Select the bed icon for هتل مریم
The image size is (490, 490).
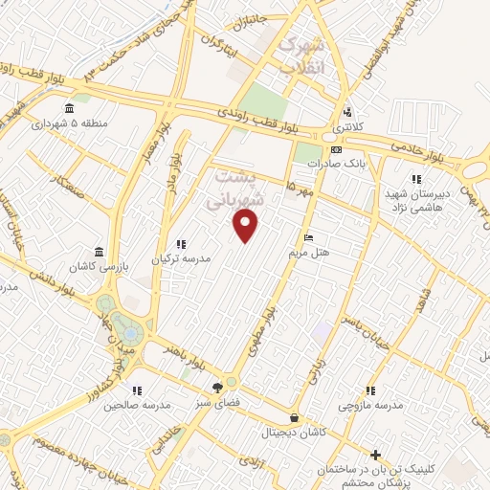[307, 237]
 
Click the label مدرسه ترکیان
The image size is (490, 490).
[180, 259]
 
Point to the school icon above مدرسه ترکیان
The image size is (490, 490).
[180, 244]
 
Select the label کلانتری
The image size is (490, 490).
[347, 126]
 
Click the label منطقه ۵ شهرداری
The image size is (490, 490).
[67, 123]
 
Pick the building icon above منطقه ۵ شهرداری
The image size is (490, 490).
[68, 107]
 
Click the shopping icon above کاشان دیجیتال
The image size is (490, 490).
[294, 417]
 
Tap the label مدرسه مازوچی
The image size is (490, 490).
[370, 405]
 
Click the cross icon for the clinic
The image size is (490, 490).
[376, 456]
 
